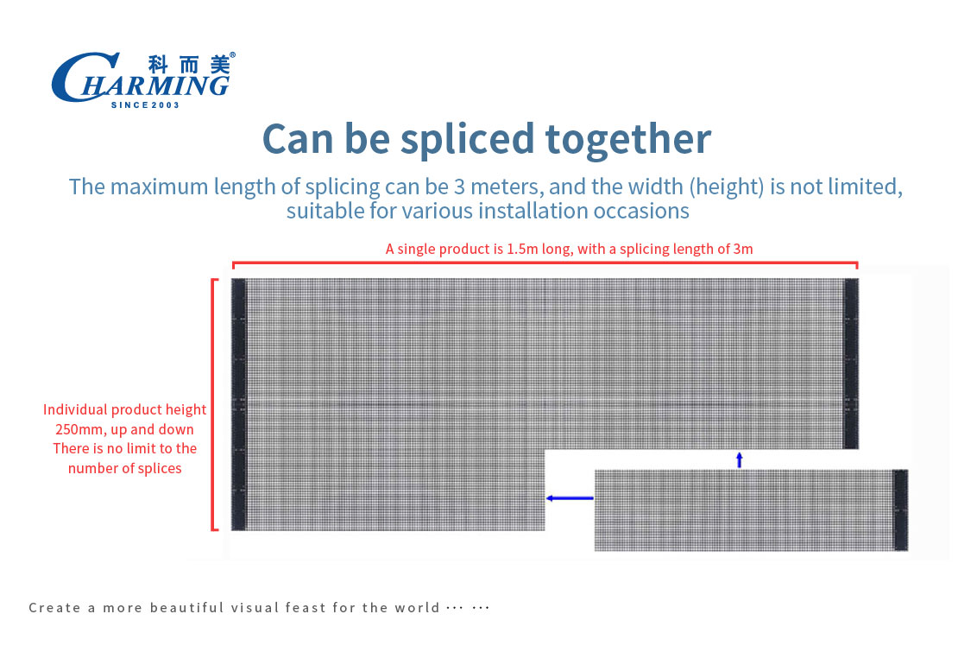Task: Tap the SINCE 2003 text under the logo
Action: coord(145,104)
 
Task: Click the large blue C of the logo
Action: coord(78,77)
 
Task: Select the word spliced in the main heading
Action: coord(467,139)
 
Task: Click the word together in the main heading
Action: coord(628,139)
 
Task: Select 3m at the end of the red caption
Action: coord(743,249)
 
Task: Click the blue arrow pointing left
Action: coord(570,498)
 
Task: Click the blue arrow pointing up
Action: coord(740,460)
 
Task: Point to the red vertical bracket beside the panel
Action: coord(213,404)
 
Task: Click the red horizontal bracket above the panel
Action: coord(545,263)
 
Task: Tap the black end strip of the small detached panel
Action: coord(901,510)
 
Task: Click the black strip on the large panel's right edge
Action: coord(851,364)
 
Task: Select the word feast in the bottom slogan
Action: coord(306,608)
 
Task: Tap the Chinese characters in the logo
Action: coord(189,64)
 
